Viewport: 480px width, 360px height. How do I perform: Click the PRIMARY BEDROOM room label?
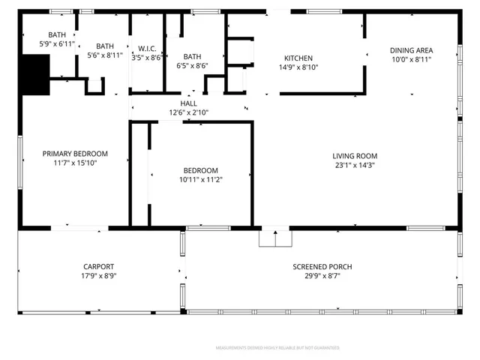pos(75,152)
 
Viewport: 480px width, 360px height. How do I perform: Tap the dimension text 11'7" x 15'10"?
pos(75,162)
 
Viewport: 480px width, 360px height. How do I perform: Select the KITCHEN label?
pos(298,58)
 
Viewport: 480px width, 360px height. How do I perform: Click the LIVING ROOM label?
pos(355,155)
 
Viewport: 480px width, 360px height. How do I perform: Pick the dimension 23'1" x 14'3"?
pos(355,165)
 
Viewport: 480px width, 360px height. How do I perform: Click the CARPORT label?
pos(98,266)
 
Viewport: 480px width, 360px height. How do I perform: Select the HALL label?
pos(188,103)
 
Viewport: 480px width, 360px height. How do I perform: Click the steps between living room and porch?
pos(274,238)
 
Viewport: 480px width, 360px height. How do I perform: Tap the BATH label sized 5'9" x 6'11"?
pos(57,34)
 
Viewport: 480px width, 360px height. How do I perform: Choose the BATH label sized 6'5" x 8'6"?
pos(192,56)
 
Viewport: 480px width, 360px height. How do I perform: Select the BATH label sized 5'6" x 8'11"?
pos(104,46)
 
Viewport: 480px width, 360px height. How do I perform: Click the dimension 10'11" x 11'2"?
pos(200,179)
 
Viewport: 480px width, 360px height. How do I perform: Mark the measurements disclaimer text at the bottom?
pos(277,348)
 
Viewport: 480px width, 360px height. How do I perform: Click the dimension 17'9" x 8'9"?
pos(98,276)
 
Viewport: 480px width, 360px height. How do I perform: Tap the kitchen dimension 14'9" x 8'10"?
pos(298,67)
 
